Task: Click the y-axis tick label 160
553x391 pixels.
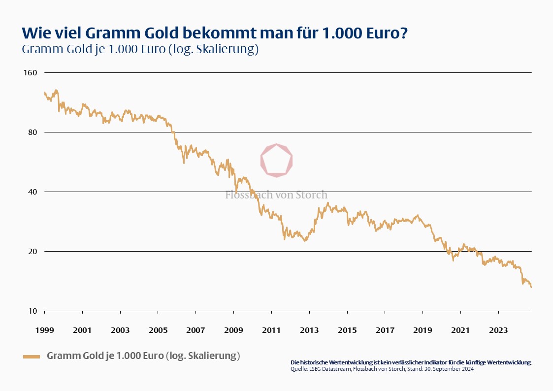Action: (31, 73)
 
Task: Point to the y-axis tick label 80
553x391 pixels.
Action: (33, 132)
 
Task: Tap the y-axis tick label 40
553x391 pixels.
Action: (33, 192)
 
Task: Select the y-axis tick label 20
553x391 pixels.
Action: (33, 252)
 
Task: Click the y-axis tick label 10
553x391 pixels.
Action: (33, 311)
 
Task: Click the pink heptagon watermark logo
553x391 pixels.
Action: (276, 160)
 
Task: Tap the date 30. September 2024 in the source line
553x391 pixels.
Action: (450, 369)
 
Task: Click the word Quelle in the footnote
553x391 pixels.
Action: (298, 369)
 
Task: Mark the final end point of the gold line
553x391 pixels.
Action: (531, 287)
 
